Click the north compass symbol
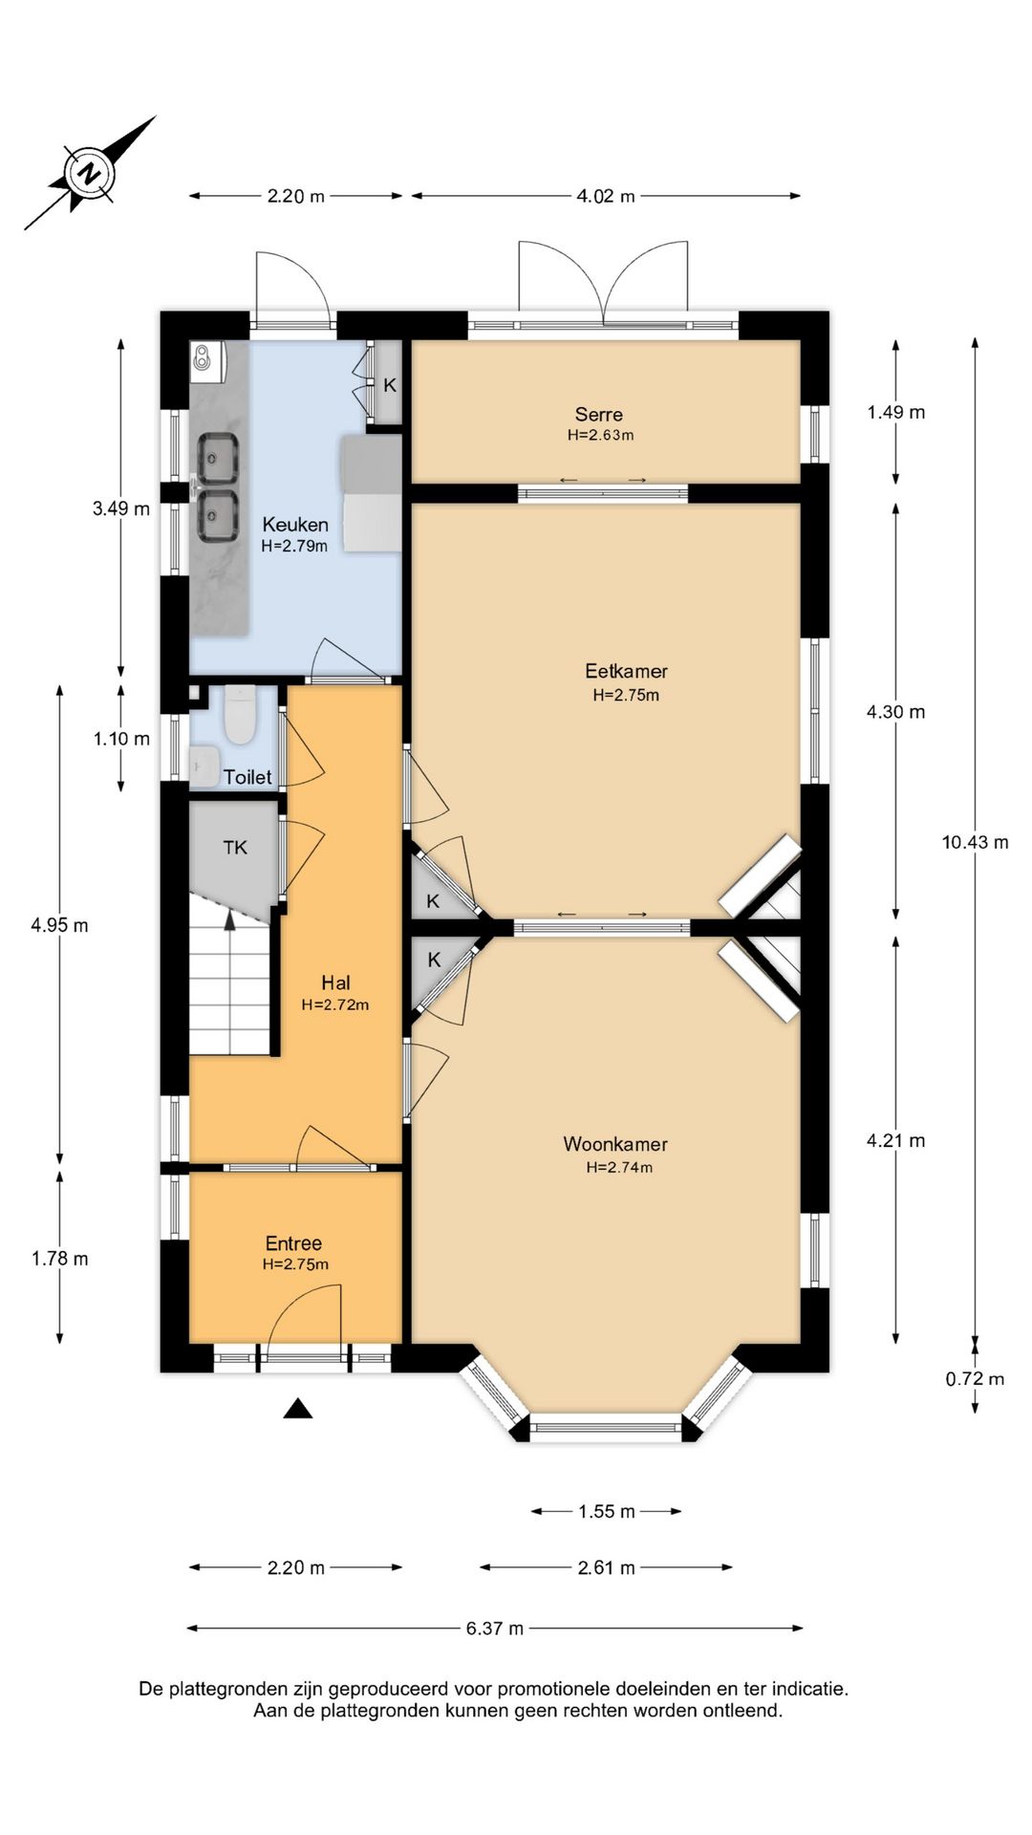tap(90, 173)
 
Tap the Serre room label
tap(599, 415)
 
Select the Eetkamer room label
tap(627, 671)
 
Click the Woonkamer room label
tap(615, 1144)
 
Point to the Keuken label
tap(295, 525)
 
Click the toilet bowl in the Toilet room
tap(240, 716)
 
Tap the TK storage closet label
tap(235, 848)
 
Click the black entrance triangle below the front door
tap(298, 1408)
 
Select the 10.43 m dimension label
tap(976, 842)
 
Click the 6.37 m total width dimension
tap(495, 1629)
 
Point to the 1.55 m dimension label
tap(607, 1512)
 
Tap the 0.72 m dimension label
tap(976, 1379)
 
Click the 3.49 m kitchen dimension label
tap(121, 508)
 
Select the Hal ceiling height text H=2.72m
tap(335, 1004)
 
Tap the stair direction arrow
tap(229, 919)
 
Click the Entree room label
tap(293, 1243)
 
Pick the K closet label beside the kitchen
tap(390, 386)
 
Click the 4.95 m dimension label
tap(60, 925)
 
